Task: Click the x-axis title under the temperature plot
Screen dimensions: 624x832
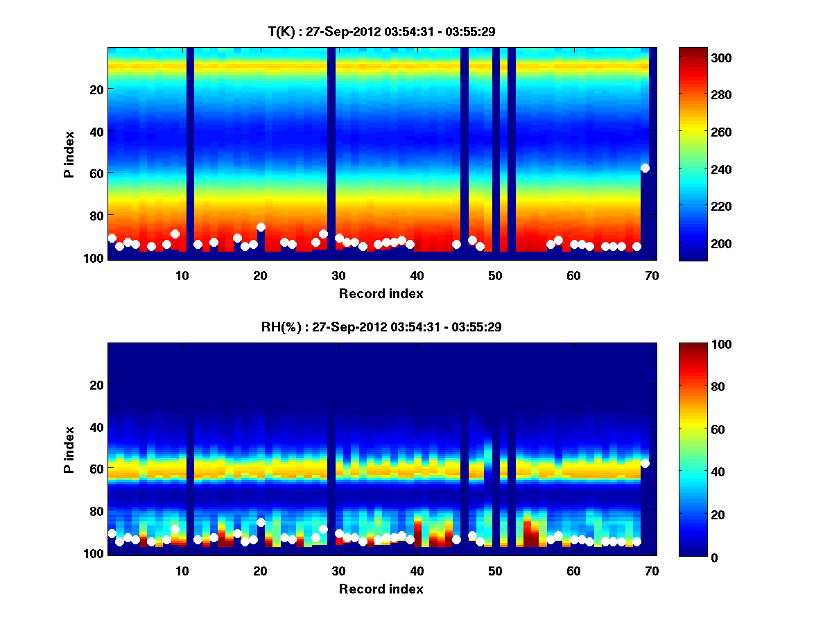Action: coord(381,293)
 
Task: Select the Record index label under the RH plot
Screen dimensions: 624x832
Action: coord(381,589)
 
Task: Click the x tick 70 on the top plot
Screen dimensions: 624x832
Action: coord(652,275)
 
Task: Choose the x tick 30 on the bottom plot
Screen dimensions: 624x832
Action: coord(338,570)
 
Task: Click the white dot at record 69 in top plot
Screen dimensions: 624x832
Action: coord(645,168)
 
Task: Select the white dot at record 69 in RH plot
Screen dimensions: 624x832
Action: coord(645,463)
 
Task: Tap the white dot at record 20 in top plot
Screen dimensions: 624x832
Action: coord(261,227)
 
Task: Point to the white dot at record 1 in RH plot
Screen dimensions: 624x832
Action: coord(112,533)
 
